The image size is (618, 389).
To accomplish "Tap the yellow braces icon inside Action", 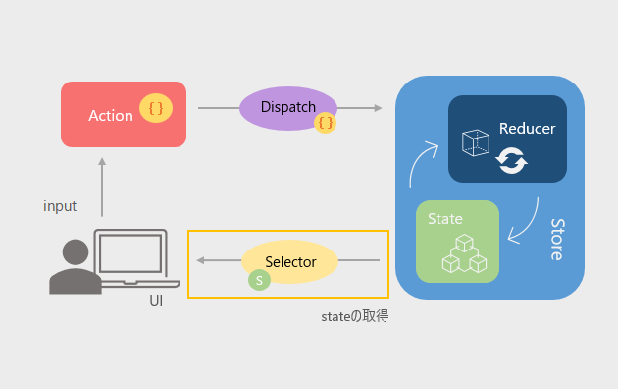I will (x=156, y=108).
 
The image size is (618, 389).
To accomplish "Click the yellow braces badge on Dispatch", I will (x=326, y=122).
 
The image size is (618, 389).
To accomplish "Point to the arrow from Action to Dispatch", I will (x=215, y=108).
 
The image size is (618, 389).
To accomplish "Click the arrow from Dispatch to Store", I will (x=362, y=108).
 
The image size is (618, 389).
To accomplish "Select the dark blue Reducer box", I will (x=507, y=139).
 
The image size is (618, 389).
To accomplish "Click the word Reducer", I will (x=527, y=129).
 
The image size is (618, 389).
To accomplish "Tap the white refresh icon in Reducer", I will (x=511, y=160).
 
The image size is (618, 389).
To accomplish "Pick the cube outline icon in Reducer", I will (x=475, y=143).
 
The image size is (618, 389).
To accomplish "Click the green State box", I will (x=457, y=241).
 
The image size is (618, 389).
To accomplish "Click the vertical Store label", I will (x=555, y=239).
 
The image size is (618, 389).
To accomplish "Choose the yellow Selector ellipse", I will (x=289, y=262).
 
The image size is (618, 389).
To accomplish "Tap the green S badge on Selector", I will (x=259, y=281).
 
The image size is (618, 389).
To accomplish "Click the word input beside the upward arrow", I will (x=60, y=206).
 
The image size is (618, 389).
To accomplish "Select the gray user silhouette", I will (x=75, y=267).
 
